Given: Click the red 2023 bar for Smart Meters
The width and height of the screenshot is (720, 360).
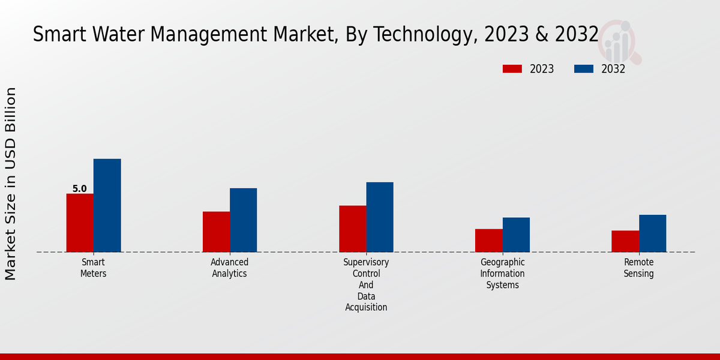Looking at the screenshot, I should (80, 223).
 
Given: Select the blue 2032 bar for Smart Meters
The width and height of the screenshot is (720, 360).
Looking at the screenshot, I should (107, 205).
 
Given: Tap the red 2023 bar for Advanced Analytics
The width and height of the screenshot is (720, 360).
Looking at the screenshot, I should (216, 232).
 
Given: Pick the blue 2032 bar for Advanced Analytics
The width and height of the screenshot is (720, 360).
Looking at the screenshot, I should (243, 220).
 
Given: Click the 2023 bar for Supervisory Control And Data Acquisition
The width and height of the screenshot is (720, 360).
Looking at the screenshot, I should (352, 229).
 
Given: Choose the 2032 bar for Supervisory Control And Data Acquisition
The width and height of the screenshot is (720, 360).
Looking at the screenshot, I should (380, 217).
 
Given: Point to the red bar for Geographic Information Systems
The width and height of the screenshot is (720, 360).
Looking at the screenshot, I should (488, 240).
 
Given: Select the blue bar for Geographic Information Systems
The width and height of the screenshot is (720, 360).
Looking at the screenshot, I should (516, 235).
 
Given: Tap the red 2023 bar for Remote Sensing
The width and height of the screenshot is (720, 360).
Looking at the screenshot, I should (625, 241).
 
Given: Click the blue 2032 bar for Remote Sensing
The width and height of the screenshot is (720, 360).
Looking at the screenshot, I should (652, 233).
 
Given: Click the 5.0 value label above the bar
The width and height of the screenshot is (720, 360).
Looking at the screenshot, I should (79, 189).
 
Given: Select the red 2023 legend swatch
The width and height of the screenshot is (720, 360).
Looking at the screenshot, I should (512, 69).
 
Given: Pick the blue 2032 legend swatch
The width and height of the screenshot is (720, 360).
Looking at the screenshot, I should (583, 69).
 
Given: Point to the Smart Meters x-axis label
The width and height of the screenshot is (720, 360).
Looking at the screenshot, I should (93, 268).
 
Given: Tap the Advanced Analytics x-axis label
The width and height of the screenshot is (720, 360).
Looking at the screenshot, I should (229, 268).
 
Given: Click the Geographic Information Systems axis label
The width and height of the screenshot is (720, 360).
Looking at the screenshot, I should (502, 274).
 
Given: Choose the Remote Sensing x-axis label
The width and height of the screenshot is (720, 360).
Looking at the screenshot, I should (638, 268).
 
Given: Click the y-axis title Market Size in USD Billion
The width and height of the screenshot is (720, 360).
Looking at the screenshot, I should (11, 184).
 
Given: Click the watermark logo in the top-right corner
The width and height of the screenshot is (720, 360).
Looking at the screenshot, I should (620, 41).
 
